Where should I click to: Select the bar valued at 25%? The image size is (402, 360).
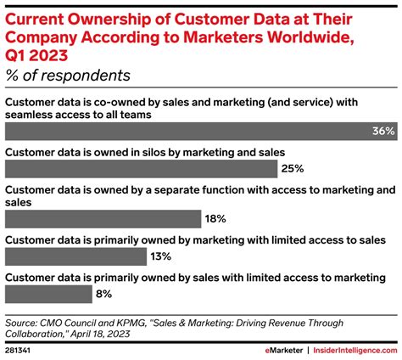tap(127, 168)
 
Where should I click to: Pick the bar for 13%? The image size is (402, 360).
tap(75, 256)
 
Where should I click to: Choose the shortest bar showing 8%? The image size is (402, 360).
tap(48, 294)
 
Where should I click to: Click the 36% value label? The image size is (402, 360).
tap(383, 132)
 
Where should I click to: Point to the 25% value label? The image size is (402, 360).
tap(268, 168)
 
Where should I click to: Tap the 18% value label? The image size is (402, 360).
tap(215, 218)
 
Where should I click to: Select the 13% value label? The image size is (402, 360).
tap(160, 256)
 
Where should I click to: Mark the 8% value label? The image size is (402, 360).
tap(103, 294)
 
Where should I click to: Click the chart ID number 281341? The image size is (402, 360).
tap(20, 348)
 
